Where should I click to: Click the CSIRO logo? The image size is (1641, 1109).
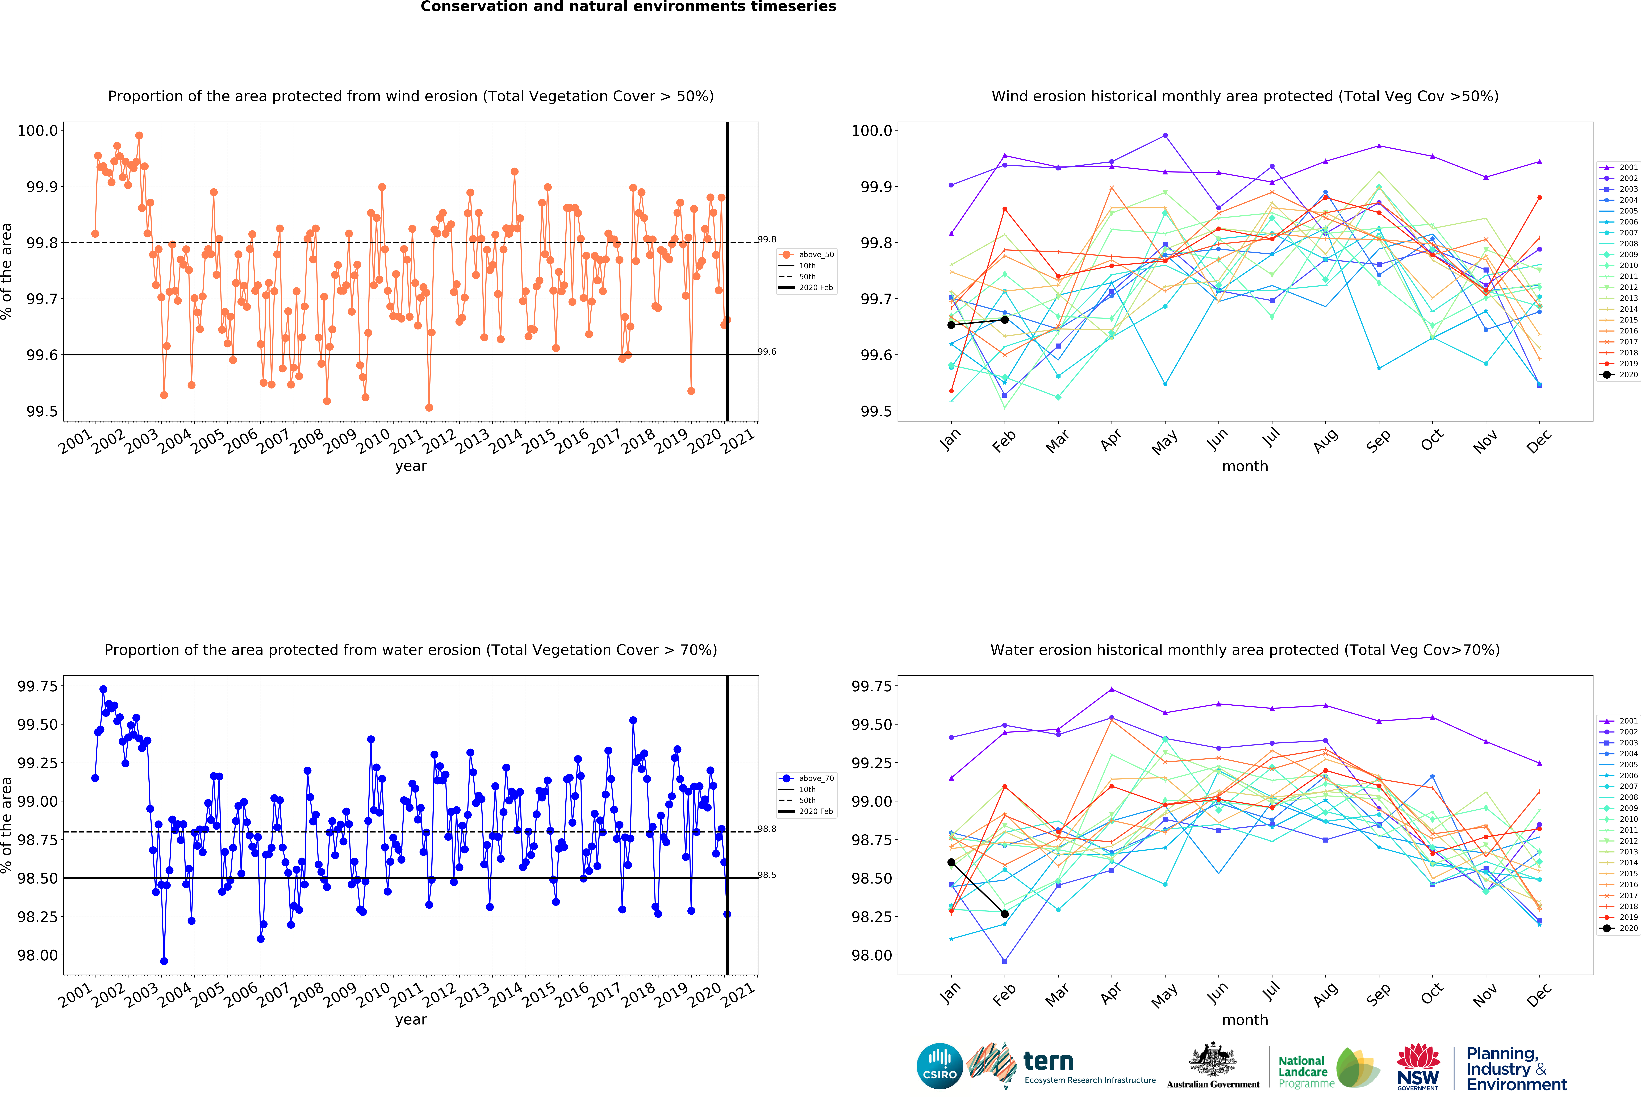pos(939,1066)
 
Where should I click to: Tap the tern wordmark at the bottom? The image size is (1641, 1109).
pos(1049,1061)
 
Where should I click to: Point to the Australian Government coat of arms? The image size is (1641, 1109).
pos(1212,1060)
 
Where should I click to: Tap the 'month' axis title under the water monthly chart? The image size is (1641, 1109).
pos(1245,1020)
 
